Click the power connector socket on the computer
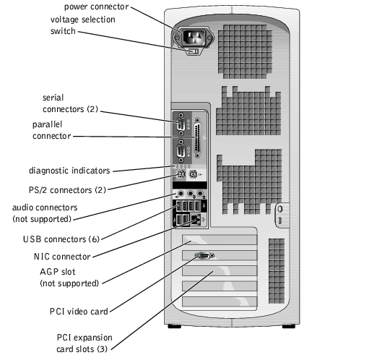click(x=194, y=38)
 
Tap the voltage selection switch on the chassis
click(x=194, y=51)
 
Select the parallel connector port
click(x=198, y=138)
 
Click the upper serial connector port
click(x=181, y=124)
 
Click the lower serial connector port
click(x=181, y=152)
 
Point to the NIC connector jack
click(x=196, y=219)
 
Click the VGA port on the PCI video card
click(x=204, y=255)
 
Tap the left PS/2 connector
click(x=181, y=174)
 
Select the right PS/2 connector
click(x=193, y=174)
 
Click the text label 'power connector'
click(x=97, y=7)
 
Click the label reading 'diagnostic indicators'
click(x=69, y=171)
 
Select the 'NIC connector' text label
click(x=62, y=257)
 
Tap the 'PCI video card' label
click(x=79, y=312)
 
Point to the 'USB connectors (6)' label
click(x=61, y=239)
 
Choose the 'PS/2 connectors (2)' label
click(x=67, y=190)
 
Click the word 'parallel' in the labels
click(x=47, y=124)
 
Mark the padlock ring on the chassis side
click(x=280, y=209)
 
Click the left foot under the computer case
click(x=174, y=326)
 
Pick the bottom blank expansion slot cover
click(x=220, y=301)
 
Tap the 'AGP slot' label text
click(x=58, y=272)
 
